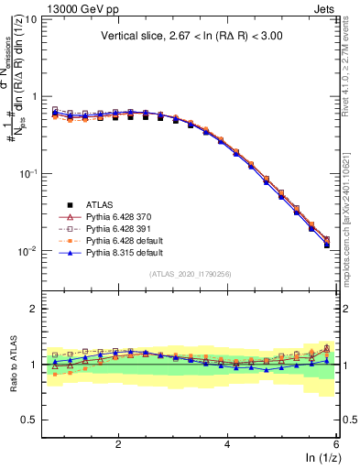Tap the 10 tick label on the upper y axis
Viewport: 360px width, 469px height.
[30, 19]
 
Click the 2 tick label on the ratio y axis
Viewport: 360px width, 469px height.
[33, 309]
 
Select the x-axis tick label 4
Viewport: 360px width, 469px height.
[227, 443]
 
